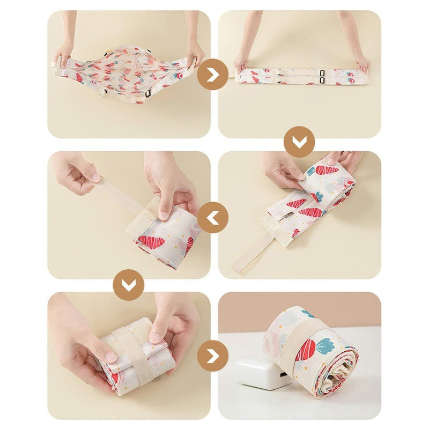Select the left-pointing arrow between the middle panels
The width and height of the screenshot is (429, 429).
(213, 218)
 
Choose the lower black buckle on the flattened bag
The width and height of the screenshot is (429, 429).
(322, 80)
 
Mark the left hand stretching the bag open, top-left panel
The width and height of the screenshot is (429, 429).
(63, 54)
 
